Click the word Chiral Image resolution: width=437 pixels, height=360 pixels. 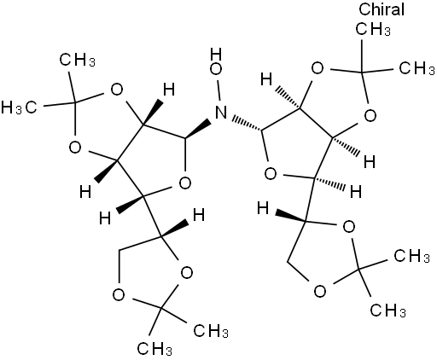point(382,9)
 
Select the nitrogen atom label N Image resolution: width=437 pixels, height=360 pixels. point(221,112)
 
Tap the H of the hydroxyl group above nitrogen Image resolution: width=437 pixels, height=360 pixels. point(216,55)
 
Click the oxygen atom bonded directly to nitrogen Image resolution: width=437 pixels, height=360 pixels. point(216,69)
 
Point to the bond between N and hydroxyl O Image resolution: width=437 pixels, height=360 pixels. point(218,90)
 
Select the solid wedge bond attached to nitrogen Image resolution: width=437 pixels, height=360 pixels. point(199,130)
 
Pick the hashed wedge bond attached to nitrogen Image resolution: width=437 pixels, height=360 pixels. point(248,124)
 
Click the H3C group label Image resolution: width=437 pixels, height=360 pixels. point(19,108)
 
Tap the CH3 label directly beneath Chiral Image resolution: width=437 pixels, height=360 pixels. point(373,29)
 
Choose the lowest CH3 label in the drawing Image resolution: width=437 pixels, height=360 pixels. point(154,349)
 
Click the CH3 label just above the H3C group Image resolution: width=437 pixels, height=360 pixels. point(78,60)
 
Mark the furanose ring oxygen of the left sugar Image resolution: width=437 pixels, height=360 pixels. point(185,183)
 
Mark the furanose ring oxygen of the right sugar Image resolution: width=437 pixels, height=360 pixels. point(271,174)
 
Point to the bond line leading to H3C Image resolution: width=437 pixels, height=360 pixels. point(59,104)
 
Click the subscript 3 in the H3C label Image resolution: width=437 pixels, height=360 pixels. point(19,110)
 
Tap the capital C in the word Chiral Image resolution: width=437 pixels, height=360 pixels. point(364,9)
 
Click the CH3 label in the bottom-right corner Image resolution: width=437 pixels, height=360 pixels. point(387,310)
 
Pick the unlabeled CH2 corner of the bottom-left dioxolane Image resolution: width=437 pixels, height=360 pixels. point(119,251)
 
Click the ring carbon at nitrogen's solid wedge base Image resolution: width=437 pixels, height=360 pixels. point(185,138)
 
